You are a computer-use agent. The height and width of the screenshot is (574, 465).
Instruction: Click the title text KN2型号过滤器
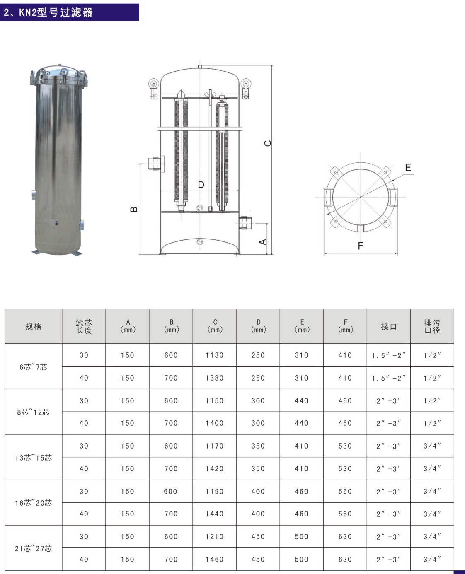tap(48, 12)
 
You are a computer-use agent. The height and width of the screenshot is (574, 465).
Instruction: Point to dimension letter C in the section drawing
tap(268, 143)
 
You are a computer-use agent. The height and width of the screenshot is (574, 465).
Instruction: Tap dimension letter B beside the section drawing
tap(134, 209)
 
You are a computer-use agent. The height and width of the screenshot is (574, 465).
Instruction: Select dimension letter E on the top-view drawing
tap(408, 167)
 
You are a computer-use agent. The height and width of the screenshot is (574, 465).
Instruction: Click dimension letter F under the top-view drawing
tap(360, 246)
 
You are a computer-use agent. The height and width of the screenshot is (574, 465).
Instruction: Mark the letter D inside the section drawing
tap(201, 185)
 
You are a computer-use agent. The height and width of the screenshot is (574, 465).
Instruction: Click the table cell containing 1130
tap(214, 355)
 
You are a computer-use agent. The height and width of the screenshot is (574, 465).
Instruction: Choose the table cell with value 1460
tap(214, 560)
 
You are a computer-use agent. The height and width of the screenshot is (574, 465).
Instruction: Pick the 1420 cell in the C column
tap(214, 469)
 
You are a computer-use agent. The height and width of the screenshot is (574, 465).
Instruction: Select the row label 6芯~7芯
tap(33, 367)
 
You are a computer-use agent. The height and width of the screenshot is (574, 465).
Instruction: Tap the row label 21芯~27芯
tap(33, 548)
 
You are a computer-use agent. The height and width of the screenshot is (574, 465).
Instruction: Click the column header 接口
tap(388, 326)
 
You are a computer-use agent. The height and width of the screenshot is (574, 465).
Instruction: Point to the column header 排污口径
tap(432, 326)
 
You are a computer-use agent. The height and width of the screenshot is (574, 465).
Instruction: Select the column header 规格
tap(33, 326)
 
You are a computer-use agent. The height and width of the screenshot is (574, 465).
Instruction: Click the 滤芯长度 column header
tap(84, 326)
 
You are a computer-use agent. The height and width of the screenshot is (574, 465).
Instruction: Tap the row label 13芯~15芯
tap(33, 458)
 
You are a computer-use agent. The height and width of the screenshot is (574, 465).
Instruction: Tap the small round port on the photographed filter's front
tap(56, 223)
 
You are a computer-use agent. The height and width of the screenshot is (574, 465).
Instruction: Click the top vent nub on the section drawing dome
tap(200, 66)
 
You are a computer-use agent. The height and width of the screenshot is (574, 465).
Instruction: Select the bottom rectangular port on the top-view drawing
tap(360, 228)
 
